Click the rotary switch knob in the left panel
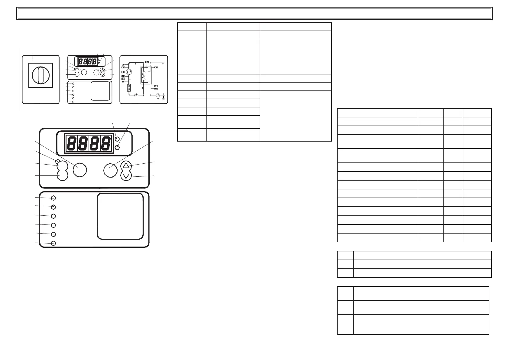[x=40, y=75]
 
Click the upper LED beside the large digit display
[x=117, y=139]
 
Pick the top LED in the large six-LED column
[x=53, y=198]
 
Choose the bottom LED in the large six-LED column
[x=53, y=243]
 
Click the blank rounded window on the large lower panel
[x=120, y=216]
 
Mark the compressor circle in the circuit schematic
[x=129, y=72]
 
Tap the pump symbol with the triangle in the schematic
[x=158, y=95]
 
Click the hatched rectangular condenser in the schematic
[x=129, y=88]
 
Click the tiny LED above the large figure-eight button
[x=57, y=161]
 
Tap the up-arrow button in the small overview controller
[x=103, y=70]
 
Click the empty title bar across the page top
[x=254, y=13]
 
